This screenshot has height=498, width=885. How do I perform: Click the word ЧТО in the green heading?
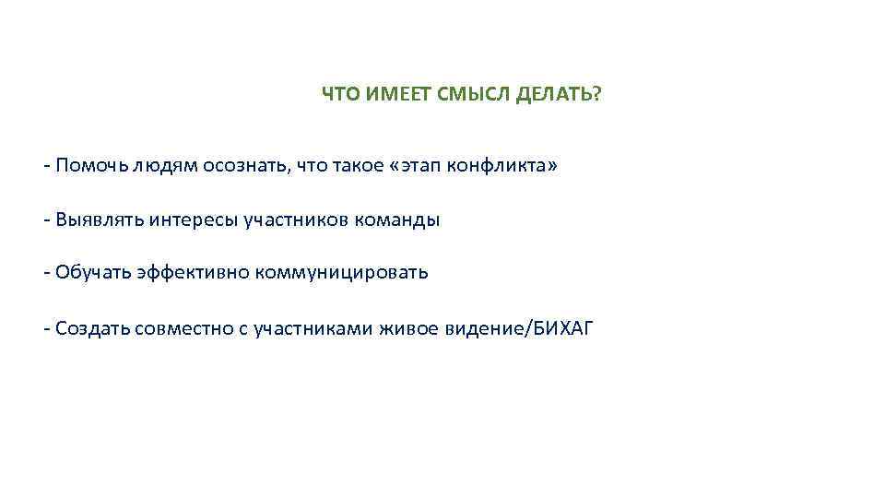(x=339, y=94)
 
